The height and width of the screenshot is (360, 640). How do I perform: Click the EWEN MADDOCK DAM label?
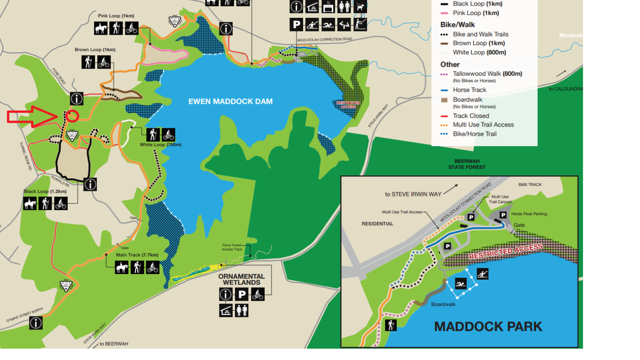coord(230,101)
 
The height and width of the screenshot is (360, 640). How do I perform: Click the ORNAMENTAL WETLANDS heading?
coord(241,279)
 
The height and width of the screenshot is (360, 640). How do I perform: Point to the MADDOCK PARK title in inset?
coord(488,327)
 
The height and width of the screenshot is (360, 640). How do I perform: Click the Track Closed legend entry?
coord(470,116)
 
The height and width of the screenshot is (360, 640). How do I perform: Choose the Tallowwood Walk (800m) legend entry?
coord(487,74)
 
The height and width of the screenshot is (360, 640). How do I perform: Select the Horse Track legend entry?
coord(469,90)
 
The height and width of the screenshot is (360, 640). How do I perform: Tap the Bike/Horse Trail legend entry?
coord(474,134)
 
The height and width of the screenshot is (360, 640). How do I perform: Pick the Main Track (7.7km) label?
coord(137,255)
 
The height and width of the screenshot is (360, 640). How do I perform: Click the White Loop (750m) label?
coord(160,145)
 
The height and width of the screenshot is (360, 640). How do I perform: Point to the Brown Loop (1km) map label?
coord(95,50)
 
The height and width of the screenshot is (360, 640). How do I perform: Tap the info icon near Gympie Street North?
coord(36,323)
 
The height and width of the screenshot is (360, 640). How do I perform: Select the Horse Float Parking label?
coord(529,214)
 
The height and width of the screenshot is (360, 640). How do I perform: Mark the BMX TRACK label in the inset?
coord(530,185)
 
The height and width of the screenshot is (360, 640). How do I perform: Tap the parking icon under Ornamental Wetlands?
coord(242,295)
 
